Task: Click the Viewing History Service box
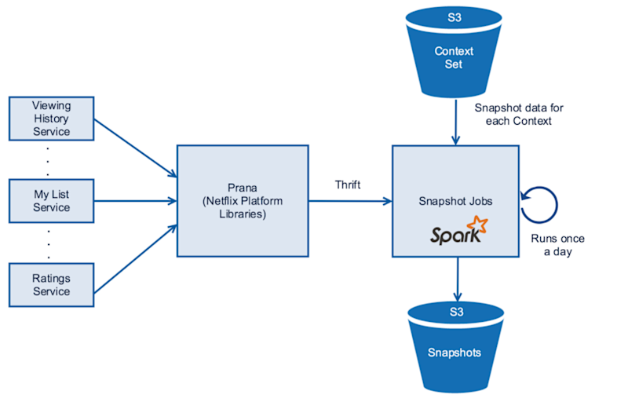tap(51, 118)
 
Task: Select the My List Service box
tap(51, 200)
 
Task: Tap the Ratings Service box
tap(51, 284)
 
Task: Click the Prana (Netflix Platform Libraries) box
tap(242, 200)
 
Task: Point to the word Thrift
tap(348, 185)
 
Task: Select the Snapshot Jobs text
tap(456, 200)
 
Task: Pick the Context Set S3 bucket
tap(454, 55)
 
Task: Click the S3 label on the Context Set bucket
tap(454, 16)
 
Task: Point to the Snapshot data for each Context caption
tap(519, 114)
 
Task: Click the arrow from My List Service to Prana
tap(135, 200)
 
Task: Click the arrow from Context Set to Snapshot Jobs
tap(455, 122)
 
